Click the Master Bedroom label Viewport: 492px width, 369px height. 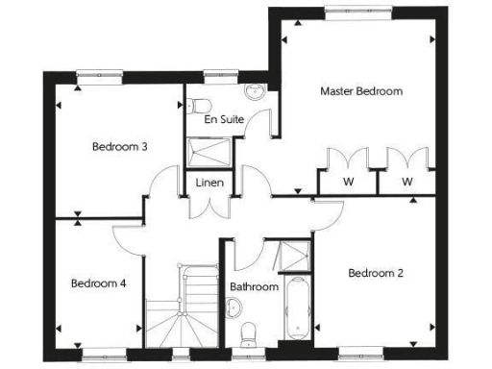[x=360, y=91]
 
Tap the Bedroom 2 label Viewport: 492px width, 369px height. [x=375, y=274]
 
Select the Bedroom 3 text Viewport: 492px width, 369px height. [x=119, y=147]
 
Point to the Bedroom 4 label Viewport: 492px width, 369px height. [x=99, y=283]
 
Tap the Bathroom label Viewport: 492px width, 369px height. [x=254, y=286]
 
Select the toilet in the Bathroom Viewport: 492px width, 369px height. [x=251, y=332]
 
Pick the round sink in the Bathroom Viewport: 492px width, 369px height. [x=234, y=307]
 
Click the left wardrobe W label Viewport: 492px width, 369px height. [x=347, y=182]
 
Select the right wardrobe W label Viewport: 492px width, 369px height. [x=406, y=182]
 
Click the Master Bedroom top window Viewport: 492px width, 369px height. [x=357, y=12]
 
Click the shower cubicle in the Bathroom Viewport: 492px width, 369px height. [x=287, y=256]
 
